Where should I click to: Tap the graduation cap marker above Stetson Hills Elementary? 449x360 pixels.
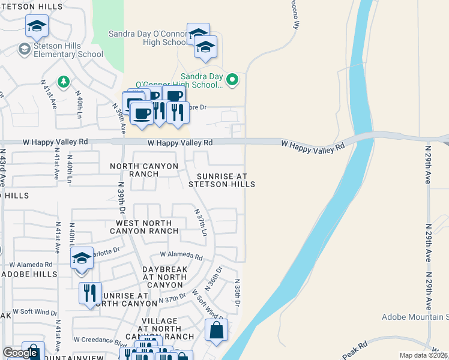tap(37, 26)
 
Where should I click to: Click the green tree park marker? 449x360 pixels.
tap(62, 81)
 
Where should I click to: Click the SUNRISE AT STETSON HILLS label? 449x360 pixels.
tap(221, 180)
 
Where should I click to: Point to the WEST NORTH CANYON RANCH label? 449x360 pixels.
tap(147, 227)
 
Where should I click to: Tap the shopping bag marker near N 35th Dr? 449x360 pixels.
tap(216, 331)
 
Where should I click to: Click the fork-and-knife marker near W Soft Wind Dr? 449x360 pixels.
tap(90, 293)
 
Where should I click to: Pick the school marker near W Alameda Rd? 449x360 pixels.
tap(82, 259)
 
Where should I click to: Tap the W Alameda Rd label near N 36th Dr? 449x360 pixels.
tap(181, 255)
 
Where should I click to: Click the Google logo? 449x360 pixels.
tap(19, 353)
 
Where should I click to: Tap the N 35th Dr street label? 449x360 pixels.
tap(237, 294)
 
